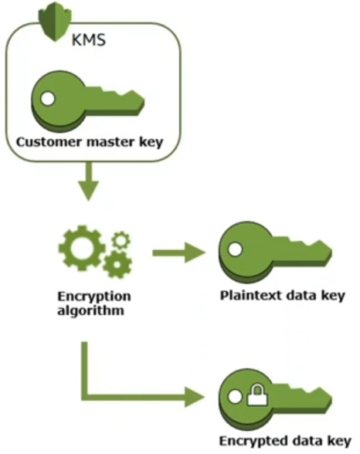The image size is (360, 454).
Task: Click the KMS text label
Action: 88,40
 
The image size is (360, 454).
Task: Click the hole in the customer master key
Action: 47,99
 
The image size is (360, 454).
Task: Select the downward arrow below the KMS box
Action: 88,181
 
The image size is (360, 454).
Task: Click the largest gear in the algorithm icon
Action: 81,248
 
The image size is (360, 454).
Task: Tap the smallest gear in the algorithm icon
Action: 121,240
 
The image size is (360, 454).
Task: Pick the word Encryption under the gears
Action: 94,296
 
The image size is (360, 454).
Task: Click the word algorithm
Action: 90,310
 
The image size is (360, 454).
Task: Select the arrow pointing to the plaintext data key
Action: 178,253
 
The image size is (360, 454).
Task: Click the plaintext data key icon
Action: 275,252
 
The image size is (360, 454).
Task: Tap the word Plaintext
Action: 251,296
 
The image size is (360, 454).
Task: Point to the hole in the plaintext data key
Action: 235,249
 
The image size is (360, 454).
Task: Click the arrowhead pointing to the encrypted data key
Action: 195,397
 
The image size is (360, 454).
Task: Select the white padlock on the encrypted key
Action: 257,395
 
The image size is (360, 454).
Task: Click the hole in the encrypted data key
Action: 235,396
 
